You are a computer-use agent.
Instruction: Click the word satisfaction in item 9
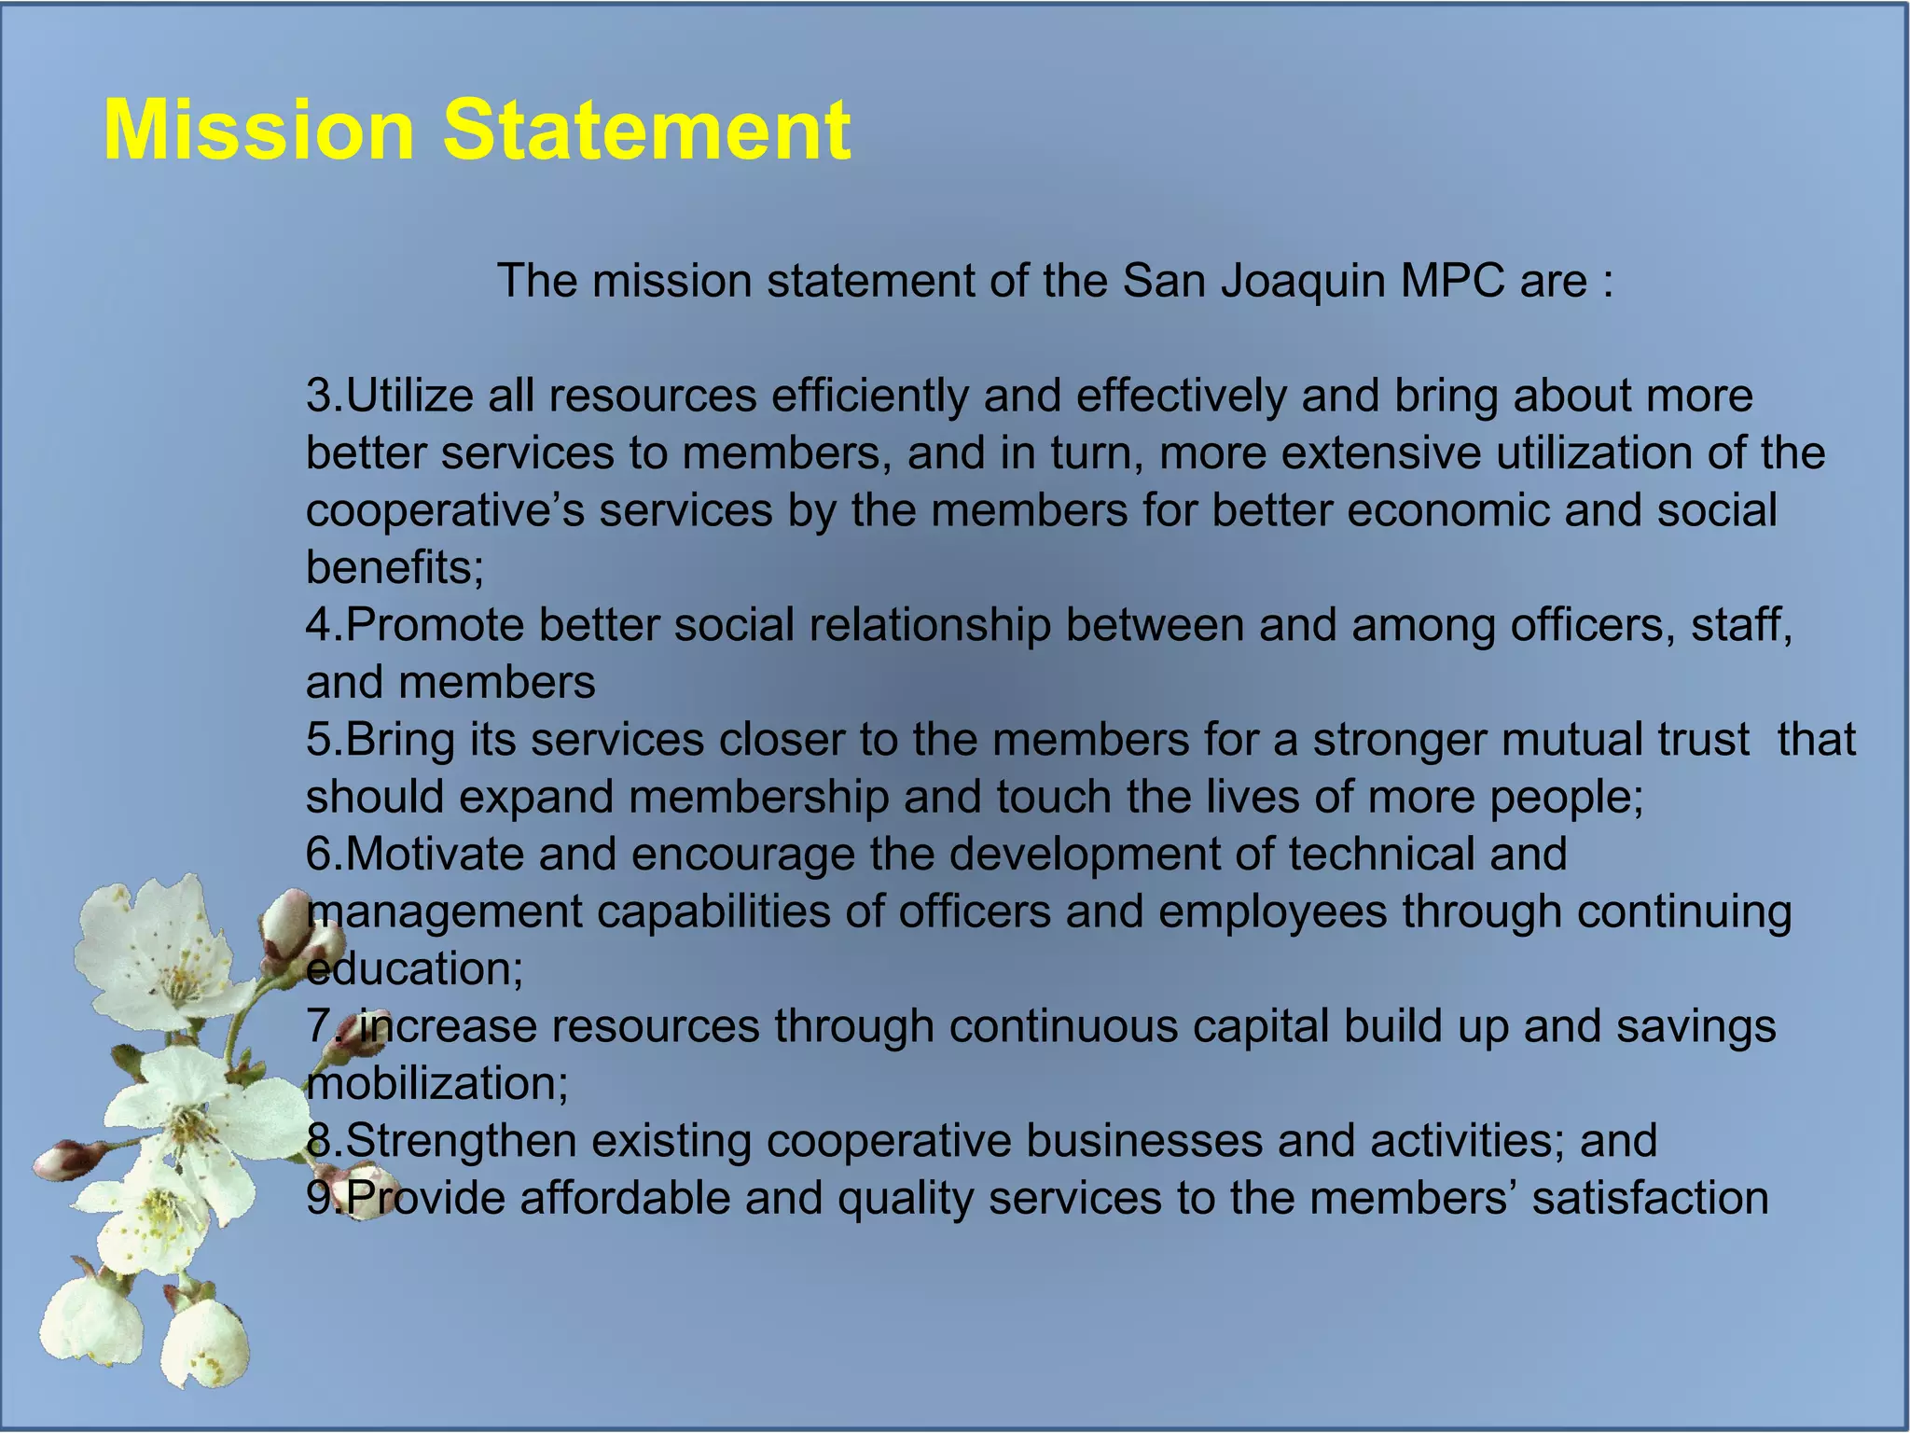pos(1650,1199)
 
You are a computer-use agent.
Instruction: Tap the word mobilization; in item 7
pos(437,1084)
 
